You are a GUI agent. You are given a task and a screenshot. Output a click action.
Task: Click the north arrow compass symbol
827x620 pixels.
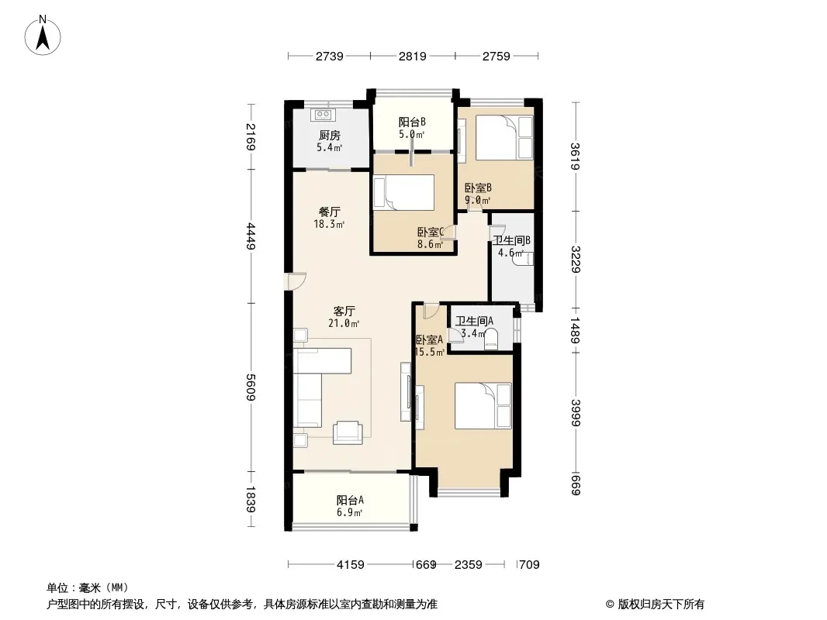point(43,36)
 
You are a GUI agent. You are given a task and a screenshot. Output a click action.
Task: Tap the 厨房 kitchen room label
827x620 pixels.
point(329,136)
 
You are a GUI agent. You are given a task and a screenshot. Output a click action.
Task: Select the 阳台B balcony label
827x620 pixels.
point(412,122)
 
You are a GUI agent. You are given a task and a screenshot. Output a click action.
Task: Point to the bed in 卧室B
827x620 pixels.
point(504,137)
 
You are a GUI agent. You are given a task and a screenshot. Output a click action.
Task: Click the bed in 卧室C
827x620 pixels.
point(404,193)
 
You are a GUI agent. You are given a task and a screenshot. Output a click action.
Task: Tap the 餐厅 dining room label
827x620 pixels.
point(329,212)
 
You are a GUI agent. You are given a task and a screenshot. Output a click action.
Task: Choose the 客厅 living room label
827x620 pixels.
point(344,311)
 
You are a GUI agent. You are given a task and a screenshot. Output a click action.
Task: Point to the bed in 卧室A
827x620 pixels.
point(483,405)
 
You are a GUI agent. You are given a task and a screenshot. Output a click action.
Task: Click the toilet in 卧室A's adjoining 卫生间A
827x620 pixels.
point(492,339)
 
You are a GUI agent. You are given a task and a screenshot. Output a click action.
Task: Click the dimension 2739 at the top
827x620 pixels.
point(330,56)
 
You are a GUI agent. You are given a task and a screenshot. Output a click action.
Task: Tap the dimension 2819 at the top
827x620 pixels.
point(413,56)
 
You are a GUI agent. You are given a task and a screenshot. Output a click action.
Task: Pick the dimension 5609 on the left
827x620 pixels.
point(251,387)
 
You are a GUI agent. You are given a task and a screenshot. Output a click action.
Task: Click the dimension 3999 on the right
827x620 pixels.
point(576,413)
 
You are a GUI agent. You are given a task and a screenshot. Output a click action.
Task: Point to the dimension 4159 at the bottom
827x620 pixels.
point(350,565)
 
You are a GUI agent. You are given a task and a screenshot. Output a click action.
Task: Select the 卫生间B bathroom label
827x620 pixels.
point(511,241)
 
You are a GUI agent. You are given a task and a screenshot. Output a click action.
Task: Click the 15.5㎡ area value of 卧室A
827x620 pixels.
point(429,352)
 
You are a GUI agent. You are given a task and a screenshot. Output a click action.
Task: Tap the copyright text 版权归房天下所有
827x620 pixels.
point(661,604)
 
